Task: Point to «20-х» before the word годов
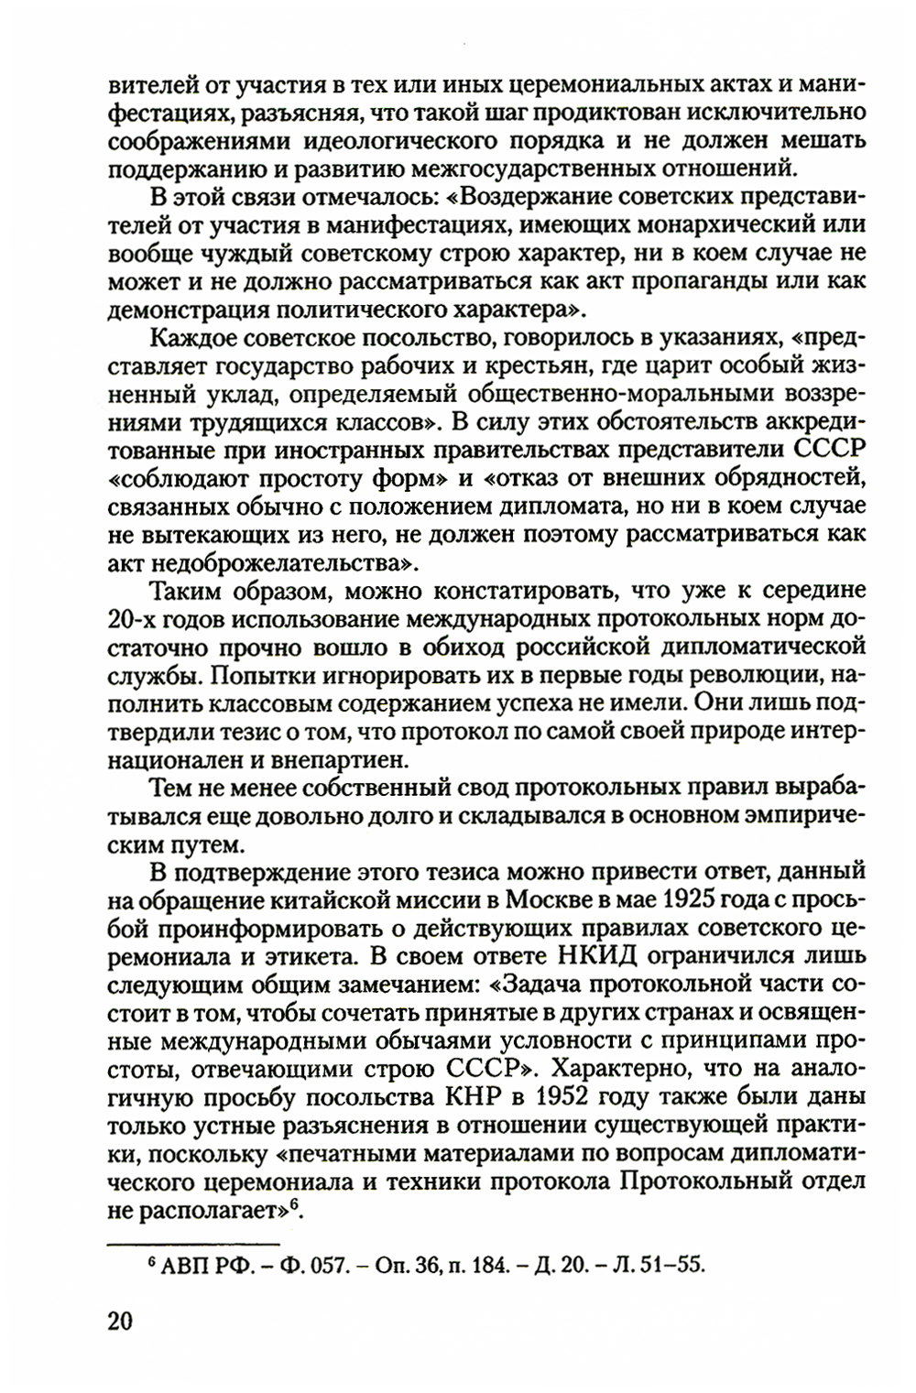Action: [136, 619]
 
